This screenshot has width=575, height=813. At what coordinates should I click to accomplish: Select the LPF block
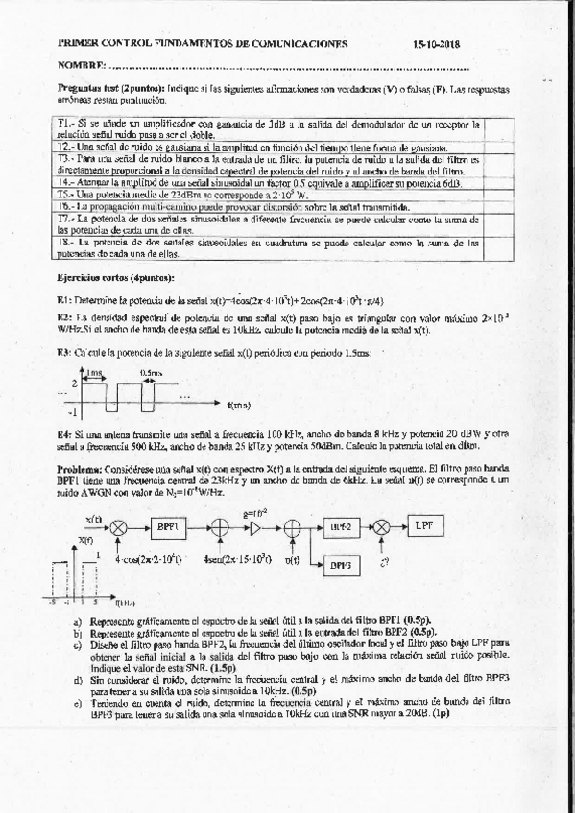tap(423, 525)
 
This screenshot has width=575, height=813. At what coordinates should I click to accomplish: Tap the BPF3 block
tap(341, 565)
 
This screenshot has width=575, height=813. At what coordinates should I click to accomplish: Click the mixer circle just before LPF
tap(381, 526)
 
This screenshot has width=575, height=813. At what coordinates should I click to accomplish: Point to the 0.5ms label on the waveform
tap(152, 372)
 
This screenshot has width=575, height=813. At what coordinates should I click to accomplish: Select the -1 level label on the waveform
tap(73, 412)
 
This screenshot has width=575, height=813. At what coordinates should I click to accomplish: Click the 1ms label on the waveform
tap(95, 372)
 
